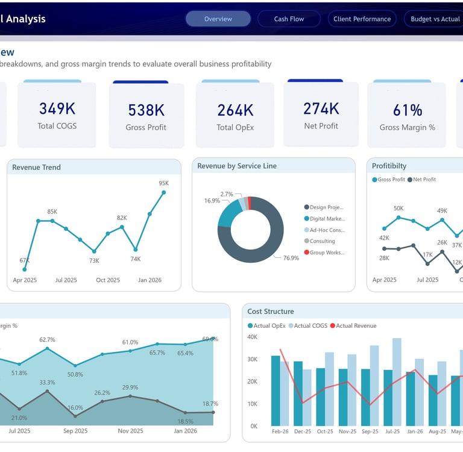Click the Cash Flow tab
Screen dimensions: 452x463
click(289, 19)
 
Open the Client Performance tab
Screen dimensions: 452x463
click(362, 19)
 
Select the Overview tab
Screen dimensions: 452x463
click(218, 19)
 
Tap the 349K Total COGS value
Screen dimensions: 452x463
click(57, 108)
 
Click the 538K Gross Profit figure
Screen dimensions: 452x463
click(146, 110)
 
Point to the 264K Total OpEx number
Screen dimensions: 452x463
click(235, 110)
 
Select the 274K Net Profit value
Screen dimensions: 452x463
click(321, 108)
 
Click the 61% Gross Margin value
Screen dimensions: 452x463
click(408, 110)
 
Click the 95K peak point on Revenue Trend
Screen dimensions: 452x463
click(163, 192)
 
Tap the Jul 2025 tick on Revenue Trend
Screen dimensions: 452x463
click(66, 280)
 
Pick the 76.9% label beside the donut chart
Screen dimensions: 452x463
click(291, 258)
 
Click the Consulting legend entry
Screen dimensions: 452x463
click(322, 241)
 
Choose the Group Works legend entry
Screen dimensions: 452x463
click(327, 253)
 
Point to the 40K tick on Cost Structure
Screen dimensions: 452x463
click(253, 337)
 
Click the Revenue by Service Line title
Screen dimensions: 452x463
click(237, 166)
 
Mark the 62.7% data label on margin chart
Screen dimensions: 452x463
click(47, 340)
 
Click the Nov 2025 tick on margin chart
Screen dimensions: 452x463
click(130, 431)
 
